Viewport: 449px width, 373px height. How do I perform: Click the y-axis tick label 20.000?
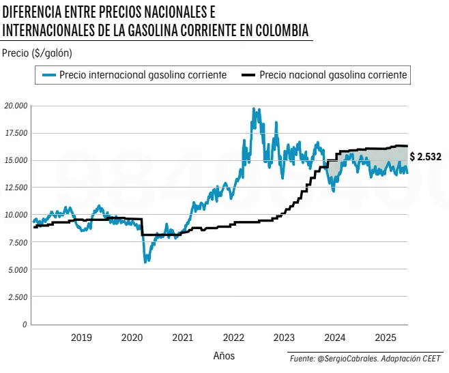click(15, 106)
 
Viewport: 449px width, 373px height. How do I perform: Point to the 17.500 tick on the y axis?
click(15, 133)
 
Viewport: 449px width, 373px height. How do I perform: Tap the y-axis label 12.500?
click(15, 188)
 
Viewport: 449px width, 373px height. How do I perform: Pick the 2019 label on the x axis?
click(81, 338)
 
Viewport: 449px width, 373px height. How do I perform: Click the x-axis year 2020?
click(132, 338)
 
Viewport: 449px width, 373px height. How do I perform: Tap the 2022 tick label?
click(233, 338)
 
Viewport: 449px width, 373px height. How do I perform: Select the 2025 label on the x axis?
click(386, 338)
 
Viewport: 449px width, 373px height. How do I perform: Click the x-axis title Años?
click(223, 355)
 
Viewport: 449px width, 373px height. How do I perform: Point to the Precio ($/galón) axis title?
click(37, 53)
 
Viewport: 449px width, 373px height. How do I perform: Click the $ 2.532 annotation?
click(426, 157)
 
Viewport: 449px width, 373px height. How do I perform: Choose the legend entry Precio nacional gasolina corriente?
click(334, 75)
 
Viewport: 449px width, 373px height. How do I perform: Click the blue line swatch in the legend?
click(48, 75)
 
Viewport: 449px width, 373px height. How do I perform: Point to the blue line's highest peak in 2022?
click(254, 108)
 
